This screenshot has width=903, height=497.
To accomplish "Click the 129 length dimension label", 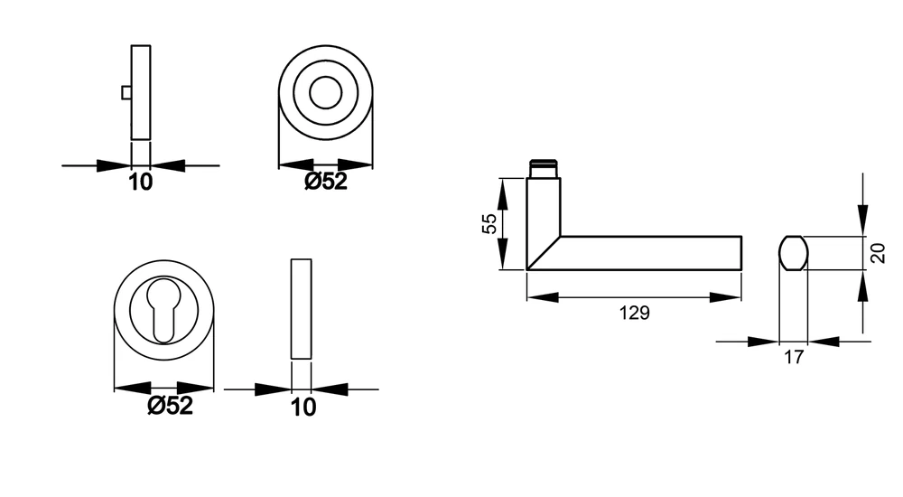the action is [x=634, y=313].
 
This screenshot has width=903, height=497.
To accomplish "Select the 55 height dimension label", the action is [x=489, y=223].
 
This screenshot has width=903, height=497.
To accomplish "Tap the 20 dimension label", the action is [x=877, y=253].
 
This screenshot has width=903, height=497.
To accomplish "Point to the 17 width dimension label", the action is [x=793, y=357].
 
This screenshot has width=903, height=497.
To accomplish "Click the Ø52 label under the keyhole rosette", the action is [x=170, y=406].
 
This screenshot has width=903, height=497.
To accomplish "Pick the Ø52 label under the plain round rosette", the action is [x=326, y=182].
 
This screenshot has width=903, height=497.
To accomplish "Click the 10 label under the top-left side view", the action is [x=140, y=183].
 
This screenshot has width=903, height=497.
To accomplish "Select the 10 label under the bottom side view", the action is [x=303, y=408].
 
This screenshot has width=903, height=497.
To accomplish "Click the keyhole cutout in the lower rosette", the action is [x=164, y=309].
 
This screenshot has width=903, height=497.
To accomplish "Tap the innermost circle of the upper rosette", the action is [x=325, y=76].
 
